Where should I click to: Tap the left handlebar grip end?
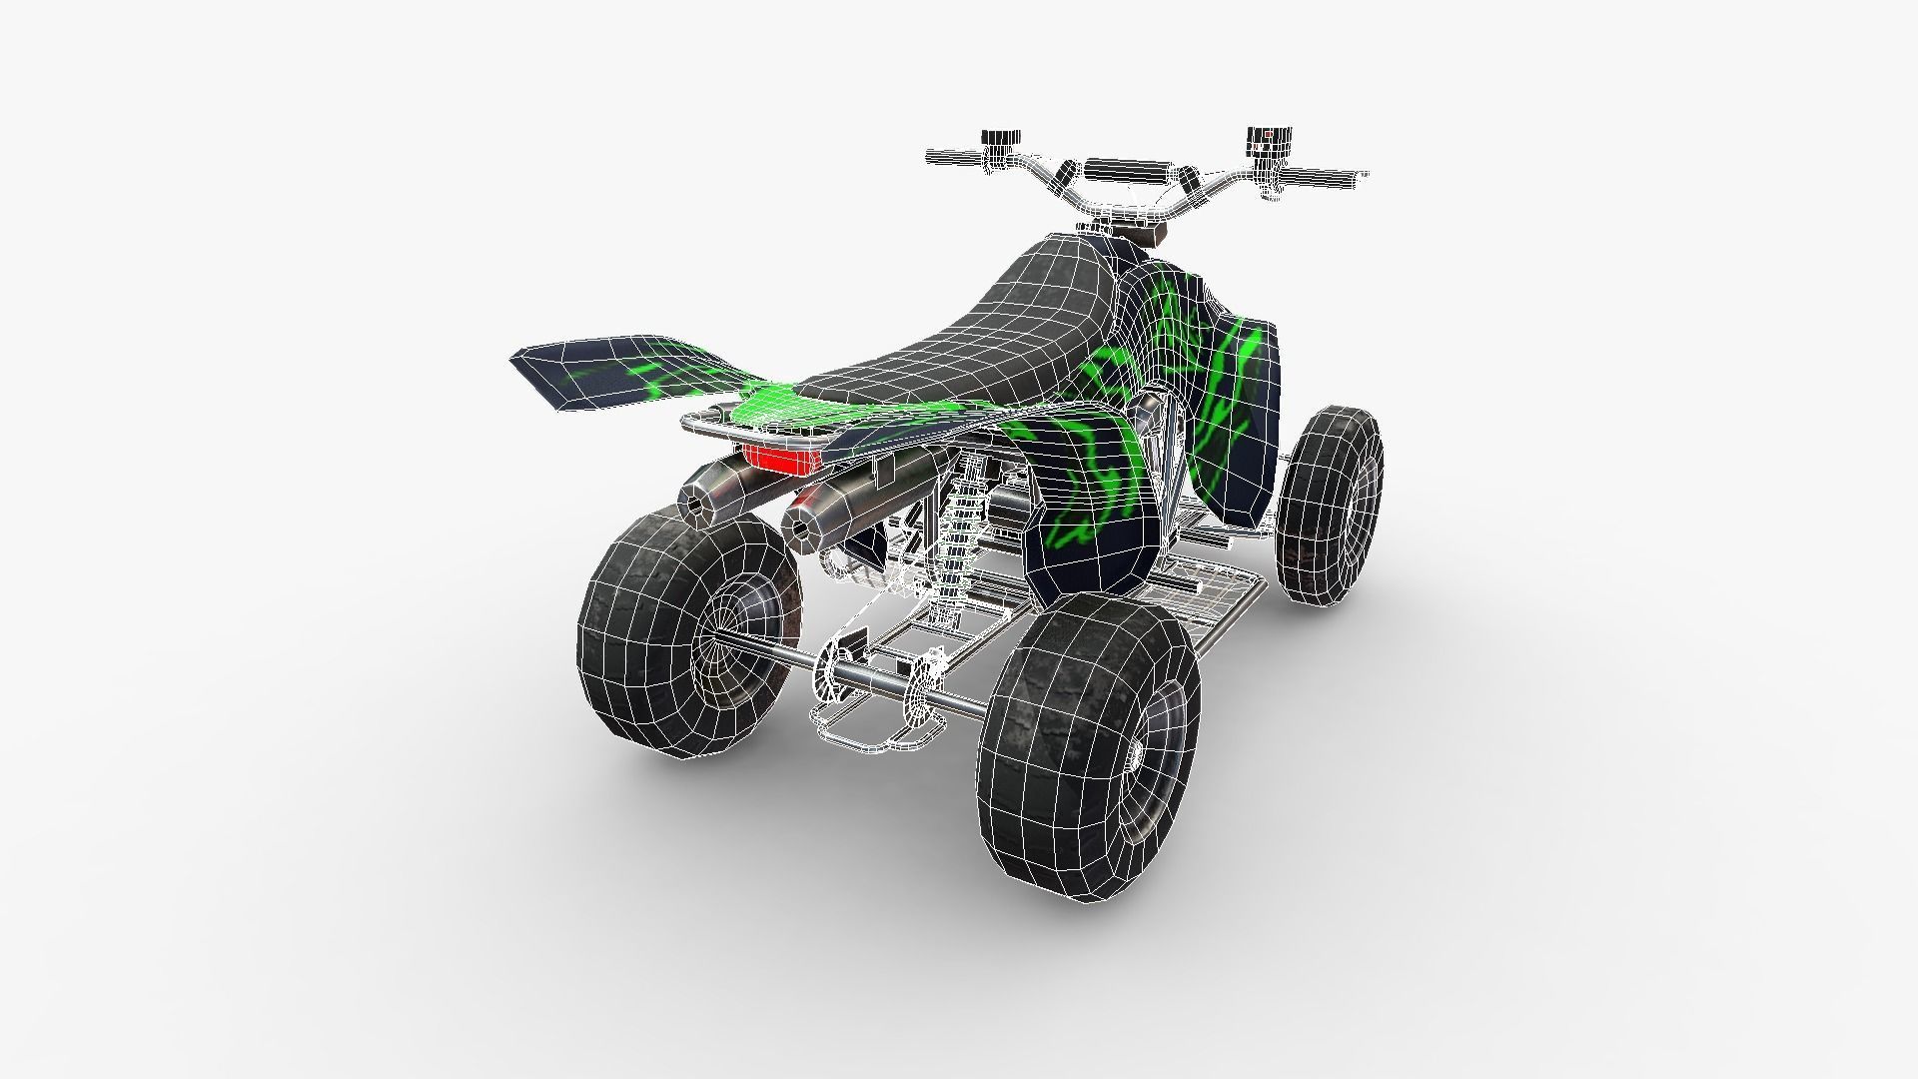click(934, 157)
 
